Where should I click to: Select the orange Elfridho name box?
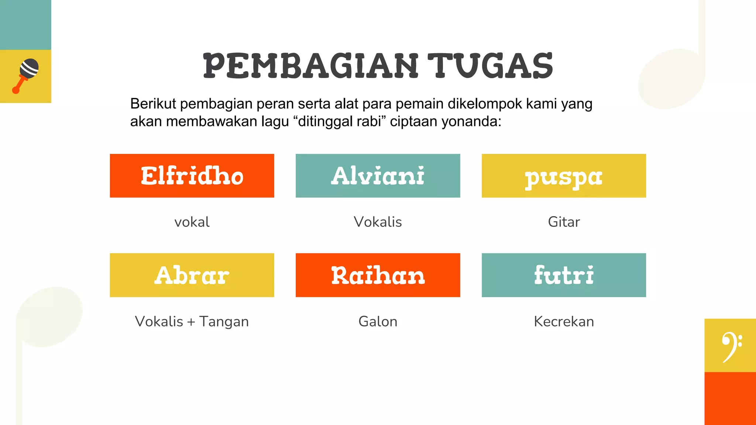coord(192,176)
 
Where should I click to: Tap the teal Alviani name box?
coord(378,176)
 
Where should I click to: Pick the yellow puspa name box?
coord(564,176)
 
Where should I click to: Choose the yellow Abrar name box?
coord(192,275)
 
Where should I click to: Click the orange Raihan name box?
coord(378,275)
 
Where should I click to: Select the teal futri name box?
coord(564,275)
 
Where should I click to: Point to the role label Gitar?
coord(564,222)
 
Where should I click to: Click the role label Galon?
coord(378,321)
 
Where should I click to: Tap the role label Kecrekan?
coord(564,321)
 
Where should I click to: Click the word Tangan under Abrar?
coord(224,321)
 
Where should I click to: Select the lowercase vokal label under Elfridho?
coord(192,222)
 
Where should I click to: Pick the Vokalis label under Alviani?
coord(378,222)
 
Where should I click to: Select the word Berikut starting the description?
coord(153,104)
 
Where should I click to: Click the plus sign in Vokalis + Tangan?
coord(191,322)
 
